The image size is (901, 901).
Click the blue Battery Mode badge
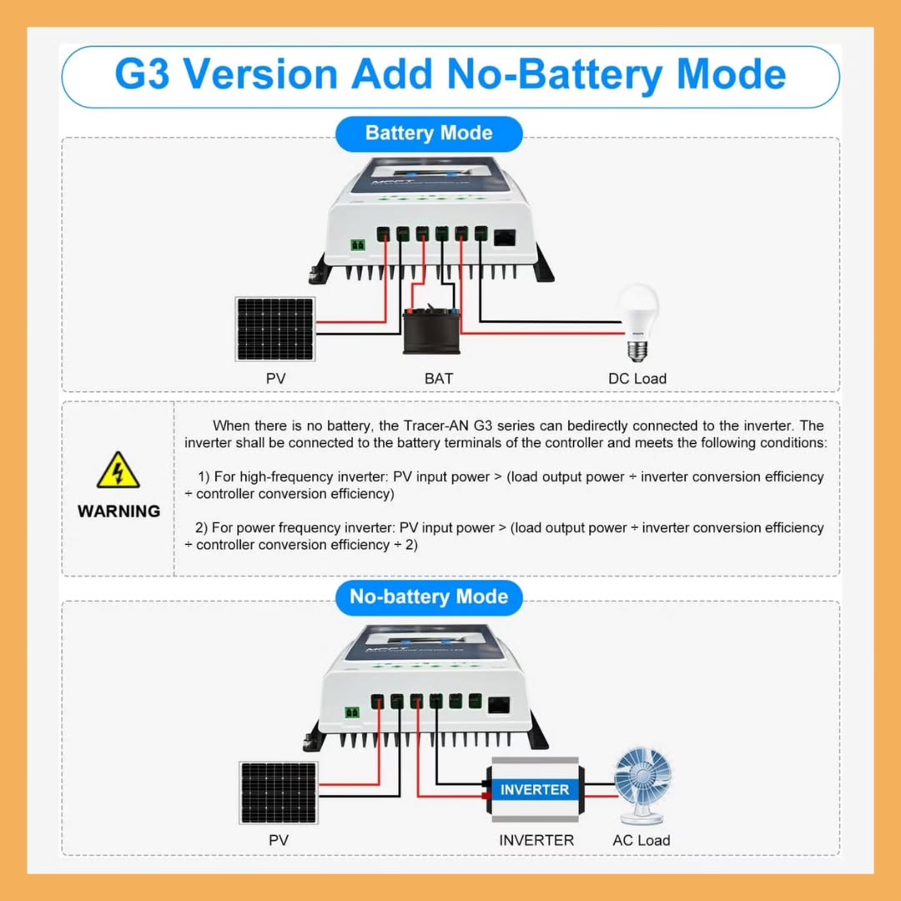[429, 133]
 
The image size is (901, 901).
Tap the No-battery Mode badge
[429, 597]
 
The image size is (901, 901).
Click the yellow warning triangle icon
[118, 471]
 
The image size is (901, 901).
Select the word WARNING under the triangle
[119, 511]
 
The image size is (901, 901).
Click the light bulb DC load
[637, 322]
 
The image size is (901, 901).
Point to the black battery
[431, 331]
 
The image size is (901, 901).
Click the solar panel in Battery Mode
[275, 330]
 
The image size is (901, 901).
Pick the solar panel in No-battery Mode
[279, 793]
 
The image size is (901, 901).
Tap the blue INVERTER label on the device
[535, 789]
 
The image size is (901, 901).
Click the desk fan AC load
[642, 786]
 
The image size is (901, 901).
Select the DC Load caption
[637, 379]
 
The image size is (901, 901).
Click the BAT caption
[439, 379]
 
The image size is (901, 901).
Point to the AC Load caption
[642, 840]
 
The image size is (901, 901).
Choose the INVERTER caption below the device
[536, 840]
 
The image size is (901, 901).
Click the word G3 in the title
[142, 74]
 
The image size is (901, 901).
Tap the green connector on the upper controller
[358, 245]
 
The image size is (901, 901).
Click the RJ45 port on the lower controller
[499, 705]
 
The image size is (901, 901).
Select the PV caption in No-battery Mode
[279, 840]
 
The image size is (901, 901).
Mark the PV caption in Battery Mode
[276, 379]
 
